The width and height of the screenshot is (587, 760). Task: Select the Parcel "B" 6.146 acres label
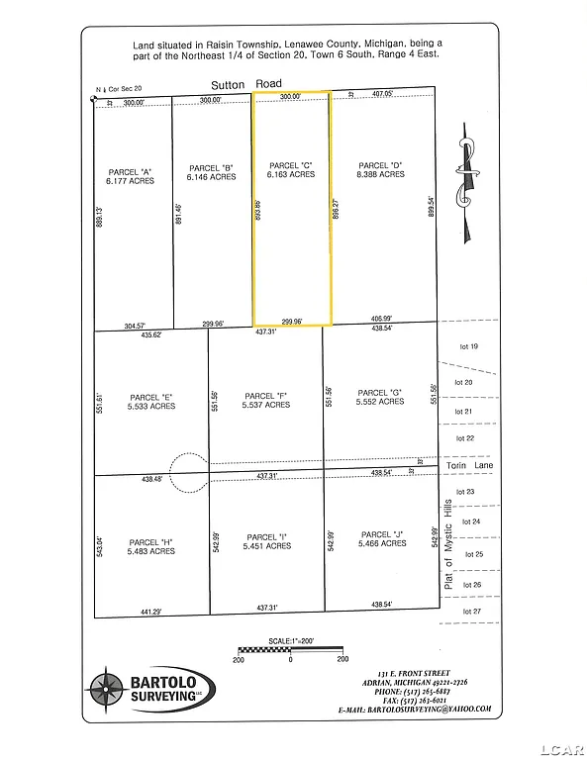click(x=211, y=171)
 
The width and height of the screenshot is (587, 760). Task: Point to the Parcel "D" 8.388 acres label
click(x=381, y=169)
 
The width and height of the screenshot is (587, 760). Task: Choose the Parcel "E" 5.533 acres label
click(x=150, y=401)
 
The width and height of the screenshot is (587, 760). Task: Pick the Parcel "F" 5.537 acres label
click(x=266, y=399)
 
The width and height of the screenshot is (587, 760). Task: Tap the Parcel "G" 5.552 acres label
click(x=380, y=396)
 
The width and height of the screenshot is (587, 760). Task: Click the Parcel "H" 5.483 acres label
click(x=150, y=545)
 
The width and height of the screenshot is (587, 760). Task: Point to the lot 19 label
click(x=467, y=346)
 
